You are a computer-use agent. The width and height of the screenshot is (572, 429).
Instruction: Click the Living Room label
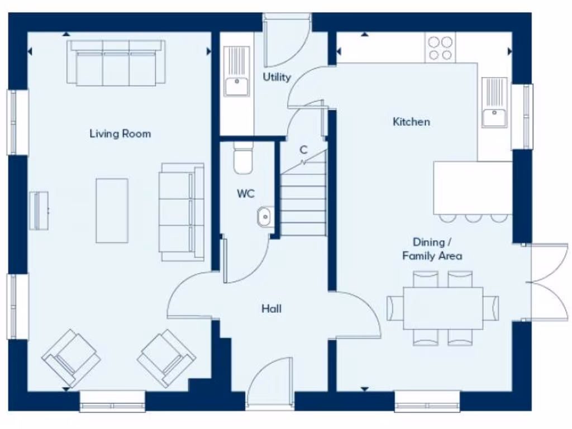(x=120, y=134)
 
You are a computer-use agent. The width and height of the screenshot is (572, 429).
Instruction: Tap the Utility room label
(x=277, y=77)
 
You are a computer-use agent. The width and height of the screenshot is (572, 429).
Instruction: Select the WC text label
(x=246, y=194)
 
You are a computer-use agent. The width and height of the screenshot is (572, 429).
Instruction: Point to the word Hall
(x=271, y=308)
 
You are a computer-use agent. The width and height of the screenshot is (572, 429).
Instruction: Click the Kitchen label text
(x=412, y=121)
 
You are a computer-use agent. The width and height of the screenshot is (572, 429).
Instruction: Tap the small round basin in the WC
(x=265, y=216)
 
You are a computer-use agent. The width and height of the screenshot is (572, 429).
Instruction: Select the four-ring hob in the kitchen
(x=440, y=47)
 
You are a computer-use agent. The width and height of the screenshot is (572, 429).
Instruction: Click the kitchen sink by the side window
(x=495, y=103)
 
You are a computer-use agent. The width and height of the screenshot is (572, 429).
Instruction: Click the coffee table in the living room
(x=112, y=211)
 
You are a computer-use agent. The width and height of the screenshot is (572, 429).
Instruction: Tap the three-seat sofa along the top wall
(x=116, y=63)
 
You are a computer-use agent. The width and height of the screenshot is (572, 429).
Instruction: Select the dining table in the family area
(x=443, y=308)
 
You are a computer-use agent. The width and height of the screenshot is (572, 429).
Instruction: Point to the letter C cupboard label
(x=303, y=150)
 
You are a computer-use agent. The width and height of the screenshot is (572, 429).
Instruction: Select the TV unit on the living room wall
(x=39, y=211)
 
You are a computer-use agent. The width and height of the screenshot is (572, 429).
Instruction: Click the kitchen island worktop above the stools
(x=473, y=188)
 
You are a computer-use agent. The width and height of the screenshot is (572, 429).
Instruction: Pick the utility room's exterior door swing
(x=286, y=42)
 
